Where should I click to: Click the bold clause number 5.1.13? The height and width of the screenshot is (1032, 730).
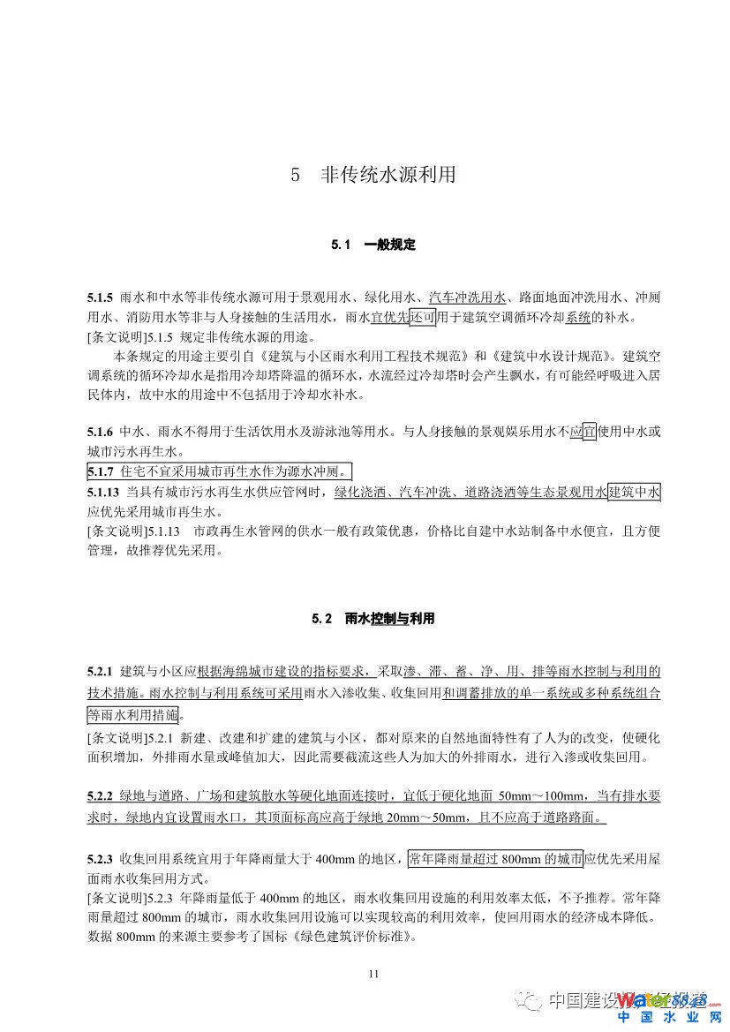(104, 491)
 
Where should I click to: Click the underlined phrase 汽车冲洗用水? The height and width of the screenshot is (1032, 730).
(467, 298)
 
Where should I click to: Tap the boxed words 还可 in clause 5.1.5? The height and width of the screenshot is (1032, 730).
(422, 318)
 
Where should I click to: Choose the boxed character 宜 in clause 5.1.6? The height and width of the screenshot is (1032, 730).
(589, 432)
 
